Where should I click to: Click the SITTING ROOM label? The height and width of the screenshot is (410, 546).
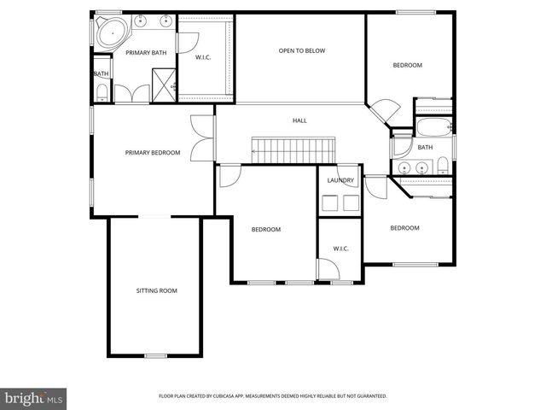coord(156,291)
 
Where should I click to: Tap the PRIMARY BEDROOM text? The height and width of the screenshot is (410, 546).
coord(153,153)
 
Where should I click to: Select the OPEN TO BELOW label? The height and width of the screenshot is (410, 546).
coord(301,50)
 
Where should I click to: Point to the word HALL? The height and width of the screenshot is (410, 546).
coord(299,120)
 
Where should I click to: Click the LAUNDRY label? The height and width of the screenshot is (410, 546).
coord(340,180)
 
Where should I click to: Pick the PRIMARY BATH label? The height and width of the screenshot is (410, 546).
coord(146,53)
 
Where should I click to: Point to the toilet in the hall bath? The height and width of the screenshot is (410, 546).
coord(443,166)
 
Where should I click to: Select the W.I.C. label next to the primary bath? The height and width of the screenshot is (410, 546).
coord(203,58)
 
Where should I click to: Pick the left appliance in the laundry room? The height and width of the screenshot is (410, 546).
coord(329,203)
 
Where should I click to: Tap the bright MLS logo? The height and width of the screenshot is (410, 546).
coord(33,398)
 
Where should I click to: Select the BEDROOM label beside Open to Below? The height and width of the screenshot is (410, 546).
coord(407,65)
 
